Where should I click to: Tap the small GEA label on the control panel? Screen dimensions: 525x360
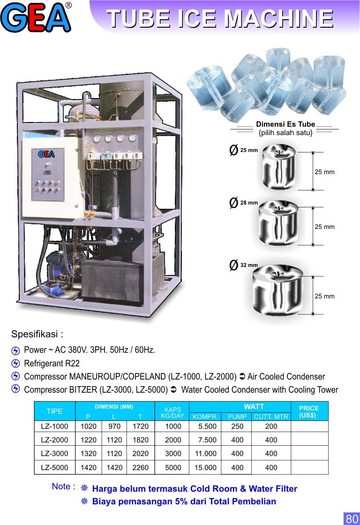pos(46,154)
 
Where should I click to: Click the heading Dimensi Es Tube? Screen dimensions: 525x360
pos(285,125)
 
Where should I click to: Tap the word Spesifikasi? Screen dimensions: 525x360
pos(37,335)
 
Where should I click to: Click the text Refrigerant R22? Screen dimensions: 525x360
pos(52,363)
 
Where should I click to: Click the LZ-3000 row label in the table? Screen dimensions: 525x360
pos(54,454)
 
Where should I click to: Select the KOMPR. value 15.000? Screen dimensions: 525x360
pos(205,467)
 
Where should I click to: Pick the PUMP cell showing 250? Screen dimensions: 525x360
pos(237,426)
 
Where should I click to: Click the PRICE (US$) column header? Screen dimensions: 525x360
pos(308,411)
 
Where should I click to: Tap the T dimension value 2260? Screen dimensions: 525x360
pos(140,467)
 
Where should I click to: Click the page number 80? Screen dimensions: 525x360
pos(351,518)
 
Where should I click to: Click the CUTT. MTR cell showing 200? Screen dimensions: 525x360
pos(271,426)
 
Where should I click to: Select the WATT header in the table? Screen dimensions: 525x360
pos(254,406)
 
